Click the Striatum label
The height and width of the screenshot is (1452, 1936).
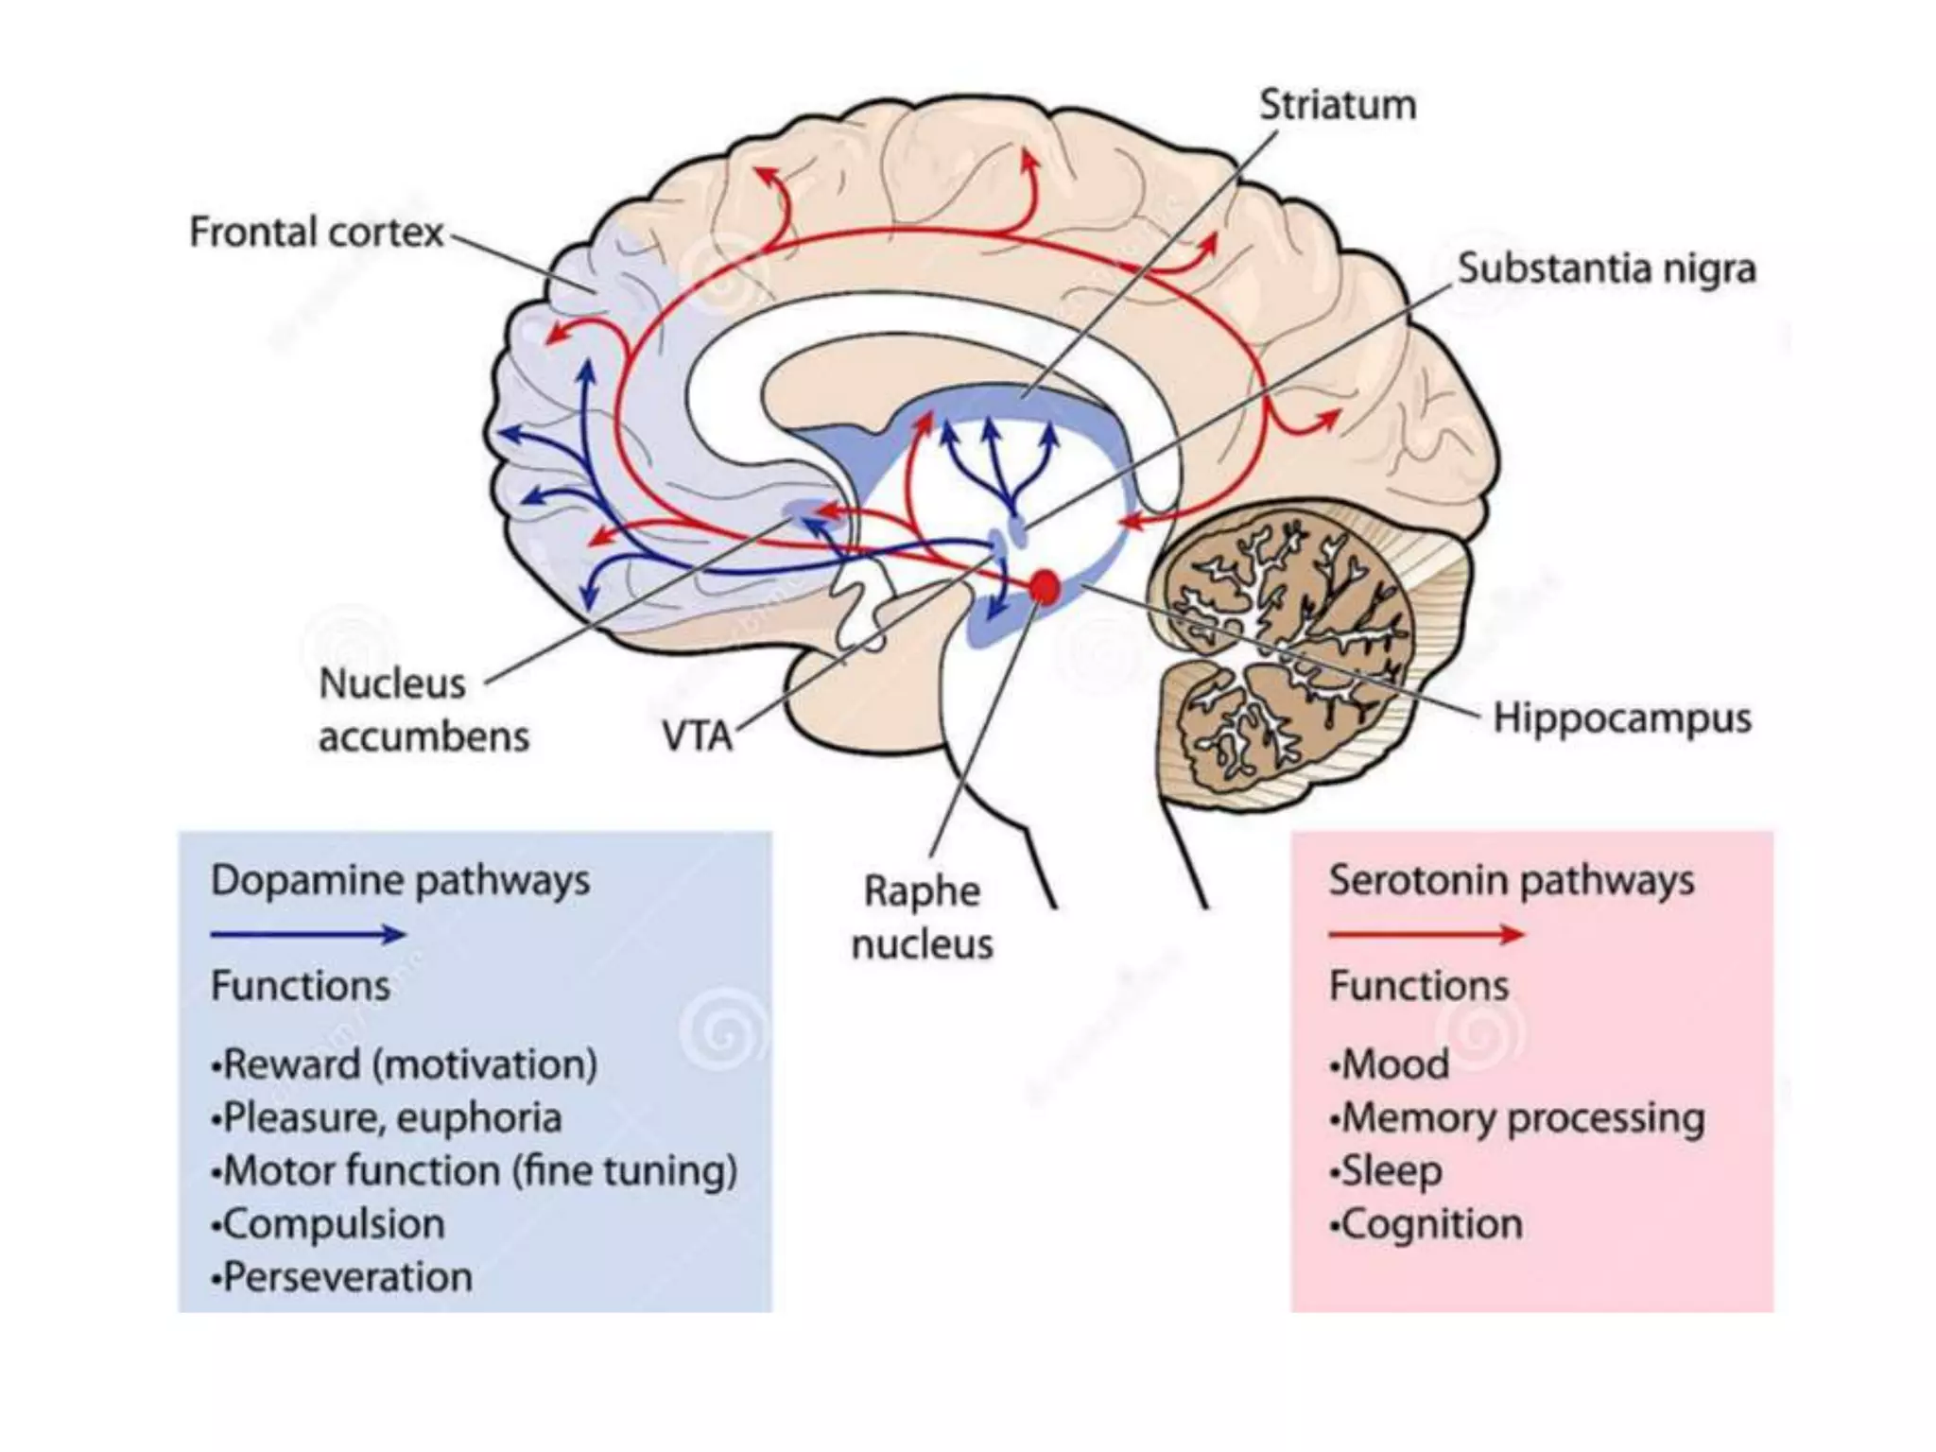1337,105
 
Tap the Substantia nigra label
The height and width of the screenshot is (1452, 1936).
1605,268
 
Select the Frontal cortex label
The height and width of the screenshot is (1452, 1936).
316,233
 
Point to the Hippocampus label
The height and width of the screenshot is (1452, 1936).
1621,718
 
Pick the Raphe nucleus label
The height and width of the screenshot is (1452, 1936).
922,917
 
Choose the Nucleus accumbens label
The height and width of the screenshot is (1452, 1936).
423,710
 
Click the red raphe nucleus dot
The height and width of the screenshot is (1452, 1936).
1044,586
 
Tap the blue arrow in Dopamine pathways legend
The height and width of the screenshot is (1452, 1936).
307,935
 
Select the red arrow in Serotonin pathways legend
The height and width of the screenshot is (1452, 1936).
1426,935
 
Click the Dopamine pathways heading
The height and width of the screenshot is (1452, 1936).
400,881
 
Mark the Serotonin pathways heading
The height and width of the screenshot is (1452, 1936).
1511,881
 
